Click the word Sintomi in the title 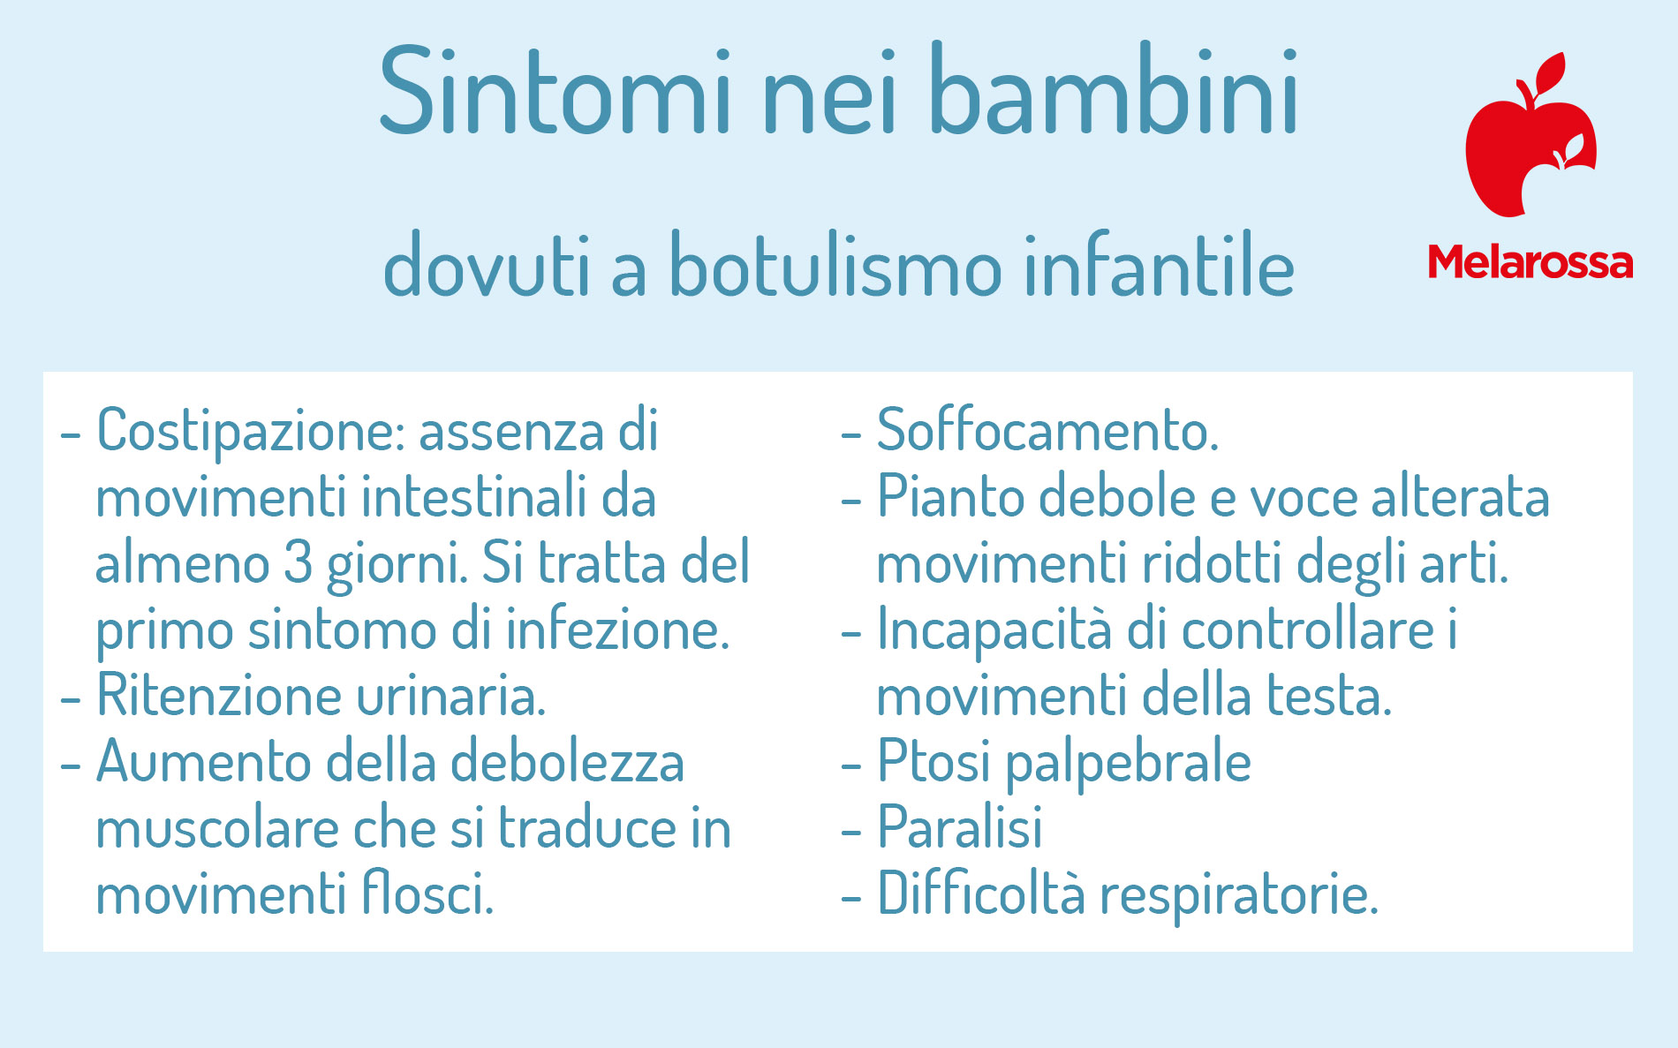[556, 91]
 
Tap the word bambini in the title [1114, 89]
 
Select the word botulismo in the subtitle [835, 265]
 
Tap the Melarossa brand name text [1531, 262]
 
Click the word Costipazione [250, 432]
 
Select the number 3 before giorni [298, 562]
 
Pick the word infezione [617, 630]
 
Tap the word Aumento [203, 761]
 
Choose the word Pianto [950, 496]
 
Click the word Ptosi [933, 761]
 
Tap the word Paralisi [959, 827]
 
